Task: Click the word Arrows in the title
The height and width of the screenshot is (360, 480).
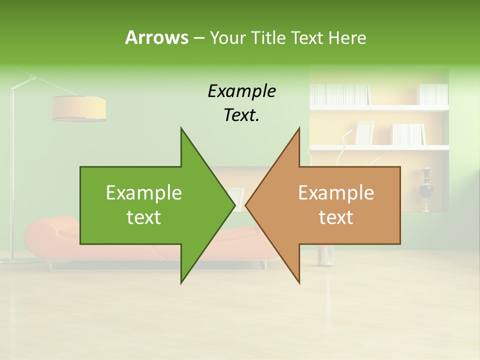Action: pyautogui.click(x=156, y=37)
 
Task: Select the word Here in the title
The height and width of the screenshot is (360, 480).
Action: pyautogui.click(x=347, y=37)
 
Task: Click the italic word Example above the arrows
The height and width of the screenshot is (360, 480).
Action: pyautogui.click(x=241, y=91)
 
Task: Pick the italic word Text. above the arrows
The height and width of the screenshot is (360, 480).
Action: pyautogui.click(x=241, y=115)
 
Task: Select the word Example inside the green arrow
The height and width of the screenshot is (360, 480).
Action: pyautogui.click(x=143, y=192)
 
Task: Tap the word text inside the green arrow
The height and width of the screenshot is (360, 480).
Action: pyautogui.click(x=143, y=217)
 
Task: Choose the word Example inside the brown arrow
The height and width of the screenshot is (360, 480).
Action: pyautogui.click(x=336, y=192)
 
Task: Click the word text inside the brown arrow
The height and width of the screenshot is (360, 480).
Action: pyautogui.click(x=336, y=217)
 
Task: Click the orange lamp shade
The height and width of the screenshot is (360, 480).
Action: pyautogui.click(x=79, y=108)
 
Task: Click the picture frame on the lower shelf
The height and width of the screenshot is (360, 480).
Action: pyautogui.click(x=364, y=133)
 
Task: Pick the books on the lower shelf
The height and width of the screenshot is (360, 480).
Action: pyautogui.click(x=408, y=134)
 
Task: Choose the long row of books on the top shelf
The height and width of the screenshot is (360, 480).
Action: pyautogui.click(x=340, y=94)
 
